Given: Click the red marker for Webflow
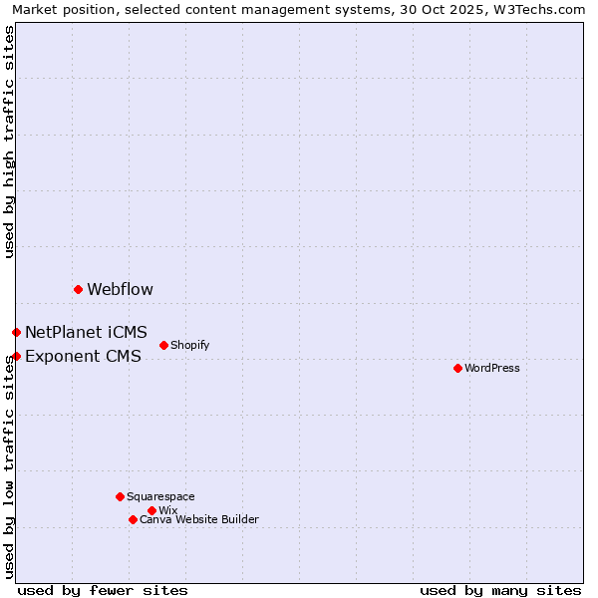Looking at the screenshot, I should pos(78,289).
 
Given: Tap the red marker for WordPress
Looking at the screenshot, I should pos(457,368).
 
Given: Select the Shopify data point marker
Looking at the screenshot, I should pos(163,345).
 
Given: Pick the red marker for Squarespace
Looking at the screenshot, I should pos(120,496).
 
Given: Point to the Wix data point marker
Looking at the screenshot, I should pos(151,510).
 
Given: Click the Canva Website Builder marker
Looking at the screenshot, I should pos(133,519).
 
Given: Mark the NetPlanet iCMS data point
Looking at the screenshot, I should pos(16,332).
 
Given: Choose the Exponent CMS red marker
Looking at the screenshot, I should pos(16,356).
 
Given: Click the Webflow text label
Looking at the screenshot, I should pos(120,290).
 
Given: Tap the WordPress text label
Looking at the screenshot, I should pos(492,369).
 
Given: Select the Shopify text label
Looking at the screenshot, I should pos(190,346).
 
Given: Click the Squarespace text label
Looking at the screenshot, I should pos(160,497).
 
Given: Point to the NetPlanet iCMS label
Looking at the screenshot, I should pos(86,333).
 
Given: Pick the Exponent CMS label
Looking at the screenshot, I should pos(83,357).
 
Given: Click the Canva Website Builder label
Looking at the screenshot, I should pos(199,520).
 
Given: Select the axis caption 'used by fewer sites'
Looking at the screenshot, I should pos(103,590).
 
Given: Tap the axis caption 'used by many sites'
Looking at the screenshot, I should pos(500,590).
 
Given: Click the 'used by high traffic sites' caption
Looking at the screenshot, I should pos(9,142).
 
